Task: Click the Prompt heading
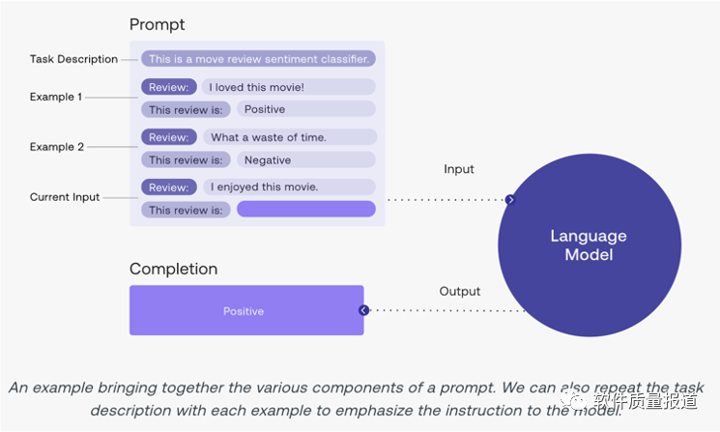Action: (157, 24)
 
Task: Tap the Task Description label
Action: (73, 59)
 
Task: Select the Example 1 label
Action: (56, 97)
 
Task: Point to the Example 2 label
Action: (56, 147)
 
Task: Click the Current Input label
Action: (65, 197)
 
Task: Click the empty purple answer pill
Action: (305, 210)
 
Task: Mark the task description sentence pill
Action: (258, 59)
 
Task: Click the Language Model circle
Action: (589, 245)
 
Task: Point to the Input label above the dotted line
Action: (459, 169)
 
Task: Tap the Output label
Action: (460, 291)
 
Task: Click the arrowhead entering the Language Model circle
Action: (509, 200)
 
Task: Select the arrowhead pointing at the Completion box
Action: (364, 310)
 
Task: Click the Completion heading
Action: (173, 270)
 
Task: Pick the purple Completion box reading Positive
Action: (246, 310)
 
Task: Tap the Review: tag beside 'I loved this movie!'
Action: (169, 87)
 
